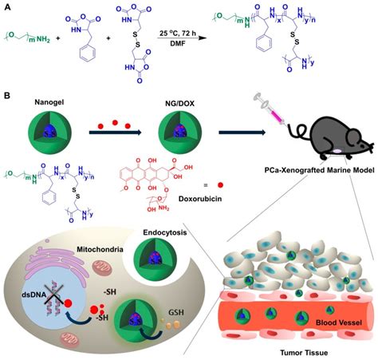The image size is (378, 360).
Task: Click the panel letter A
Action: [x=6, y=6]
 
